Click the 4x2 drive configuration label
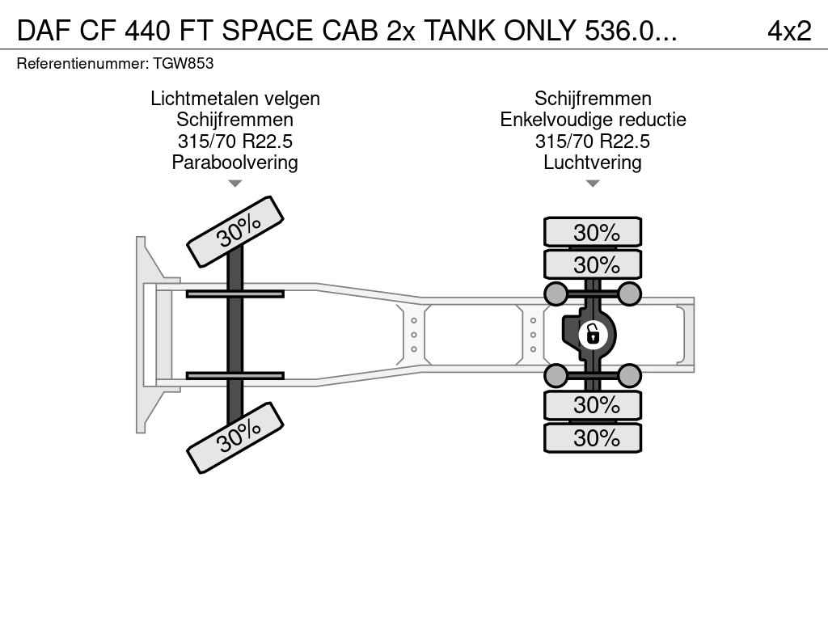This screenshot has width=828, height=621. (789, 31)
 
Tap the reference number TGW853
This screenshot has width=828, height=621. (184, 64)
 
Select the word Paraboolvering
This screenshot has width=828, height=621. (235, 162)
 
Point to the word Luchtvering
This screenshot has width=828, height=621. (593, 162)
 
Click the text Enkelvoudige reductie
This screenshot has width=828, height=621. (593, 120)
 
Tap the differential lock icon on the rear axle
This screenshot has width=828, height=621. (593, 335)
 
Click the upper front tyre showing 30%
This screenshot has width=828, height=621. (235, 231)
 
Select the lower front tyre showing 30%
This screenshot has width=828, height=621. (235, 437)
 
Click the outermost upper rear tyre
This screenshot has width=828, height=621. (593, 232)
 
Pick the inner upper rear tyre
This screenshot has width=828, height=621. (593, 264)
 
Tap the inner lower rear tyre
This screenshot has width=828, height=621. (593, 405)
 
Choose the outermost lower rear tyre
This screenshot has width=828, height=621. (593, 437)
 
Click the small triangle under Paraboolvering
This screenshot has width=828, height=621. (235, 184)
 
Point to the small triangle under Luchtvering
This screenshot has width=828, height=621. (593, 184)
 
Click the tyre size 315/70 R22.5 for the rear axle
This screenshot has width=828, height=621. (593, 141)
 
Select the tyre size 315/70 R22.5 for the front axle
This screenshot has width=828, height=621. (235, 141)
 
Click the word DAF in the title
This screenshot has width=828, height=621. (44, 31)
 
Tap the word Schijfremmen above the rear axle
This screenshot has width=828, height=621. (593, 99)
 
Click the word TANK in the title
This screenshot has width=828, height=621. (460, 31)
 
